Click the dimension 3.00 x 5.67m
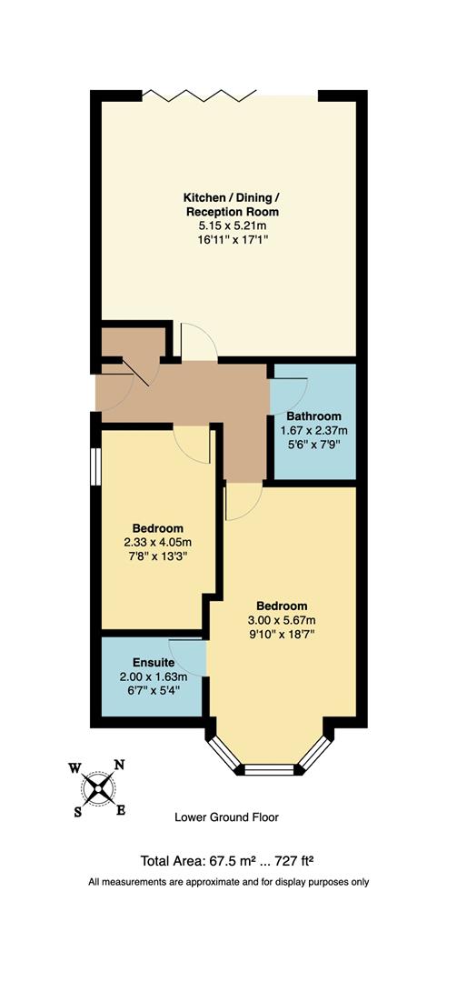pos(281,620)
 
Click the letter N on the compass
pos(118,765)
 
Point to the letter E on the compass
pos(121,809)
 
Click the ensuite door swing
pos(192,655)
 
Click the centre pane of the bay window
pos(271,771)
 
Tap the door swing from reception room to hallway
pos(197,342)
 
